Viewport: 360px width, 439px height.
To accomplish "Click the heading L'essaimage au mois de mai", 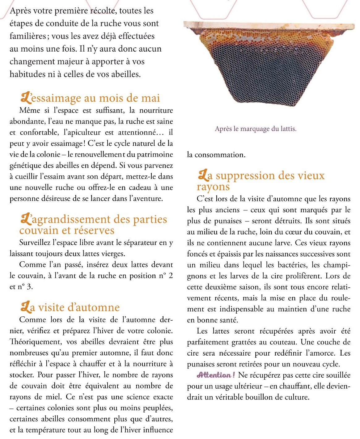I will point(90,98).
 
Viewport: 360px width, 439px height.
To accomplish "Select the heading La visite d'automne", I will point(70,307).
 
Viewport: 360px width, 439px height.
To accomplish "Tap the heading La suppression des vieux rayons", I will point(261,181).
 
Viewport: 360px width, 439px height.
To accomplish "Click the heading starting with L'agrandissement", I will point(93,225).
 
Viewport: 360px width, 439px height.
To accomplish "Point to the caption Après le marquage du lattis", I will point(256,129).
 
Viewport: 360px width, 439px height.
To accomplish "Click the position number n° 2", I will point(166,276).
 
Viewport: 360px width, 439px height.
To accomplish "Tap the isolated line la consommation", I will point(216,155).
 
